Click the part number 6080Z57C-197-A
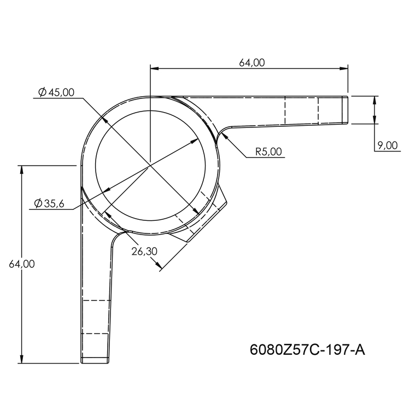307,349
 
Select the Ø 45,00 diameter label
57,92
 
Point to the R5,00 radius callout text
269,152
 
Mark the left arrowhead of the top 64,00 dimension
154,68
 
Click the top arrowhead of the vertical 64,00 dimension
22,168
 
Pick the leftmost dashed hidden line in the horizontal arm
285,111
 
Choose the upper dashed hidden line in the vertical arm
96,301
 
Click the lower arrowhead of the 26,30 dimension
160,267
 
